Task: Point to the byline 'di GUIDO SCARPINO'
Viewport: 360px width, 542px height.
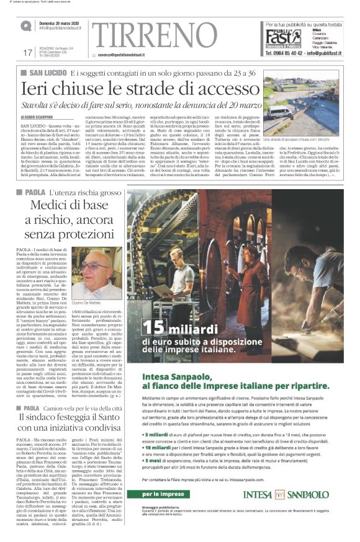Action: pos(39,115)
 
